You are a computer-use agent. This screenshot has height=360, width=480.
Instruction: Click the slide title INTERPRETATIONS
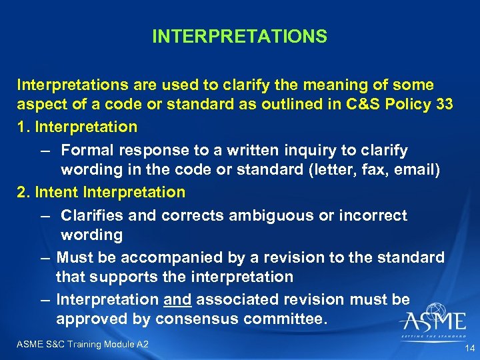coord(239,36)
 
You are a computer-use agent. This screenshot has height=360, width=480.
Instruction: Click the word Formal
coord(87,150)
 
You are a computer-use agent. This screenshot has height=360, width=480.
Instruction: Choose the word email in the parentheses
coord(411,169)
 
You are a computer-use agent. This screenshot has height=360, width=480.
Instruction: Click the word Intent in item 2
coord(57,192)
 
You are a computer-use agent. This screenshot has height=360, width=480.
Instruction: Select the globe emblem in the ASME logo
coord(437,313)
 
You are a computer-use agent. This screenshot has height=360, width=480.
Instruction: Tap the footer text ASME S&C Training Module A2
coord(83,344)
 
